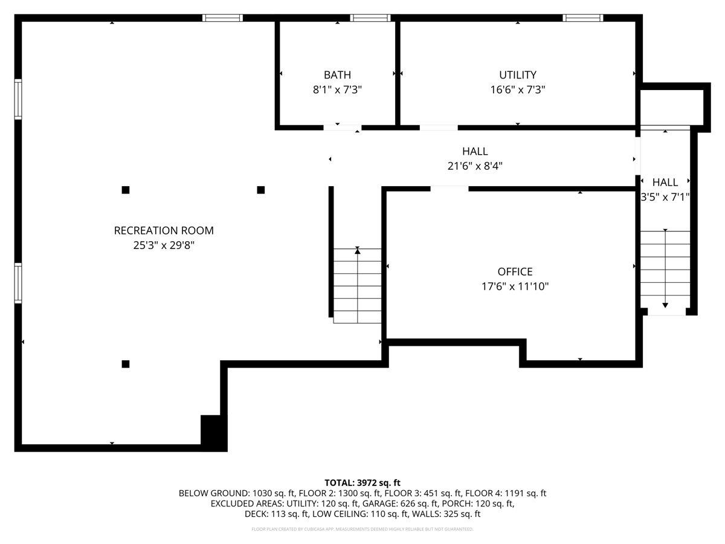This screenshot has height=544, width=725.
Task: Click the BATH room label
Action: [337, 75]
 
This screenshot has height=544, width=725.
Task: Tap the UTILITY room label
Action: [517, 75]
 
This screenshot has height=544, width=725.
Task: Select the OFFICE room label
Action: [515, 272]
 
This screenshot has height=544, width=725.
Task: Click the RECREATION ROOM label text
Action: [164, 230]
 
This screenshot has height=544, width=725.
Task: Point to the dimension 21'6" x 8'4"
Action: [475, 166]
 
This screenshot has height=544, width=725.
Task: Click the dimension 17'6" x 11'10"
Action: [515, 287]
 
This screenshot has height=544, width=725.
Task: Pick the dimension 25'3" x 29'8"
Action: [164, 245]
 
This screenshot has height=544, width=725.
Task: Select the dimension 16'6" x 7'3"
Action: [517, 89]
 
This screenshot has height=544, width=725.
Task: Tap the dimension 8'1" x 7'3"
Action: [337, 89]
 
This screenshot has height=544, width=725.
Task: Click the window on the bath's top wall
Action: [370, 18]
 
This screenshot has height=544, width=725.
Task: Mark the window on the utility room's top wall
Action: [582, 18]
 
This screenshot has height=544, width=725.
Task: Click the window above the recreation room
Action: [222, 18]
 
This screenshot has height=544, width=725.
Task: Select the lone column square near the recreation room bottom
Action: [126, 364]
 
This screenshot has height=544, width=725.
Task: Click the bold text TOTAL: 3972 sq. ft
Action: [362, 482]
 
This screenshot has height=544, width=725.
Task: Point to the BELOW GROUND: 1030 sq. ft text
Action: [227, 493]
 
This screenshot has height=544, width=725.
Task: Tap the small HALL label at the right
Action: [665, 182]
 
